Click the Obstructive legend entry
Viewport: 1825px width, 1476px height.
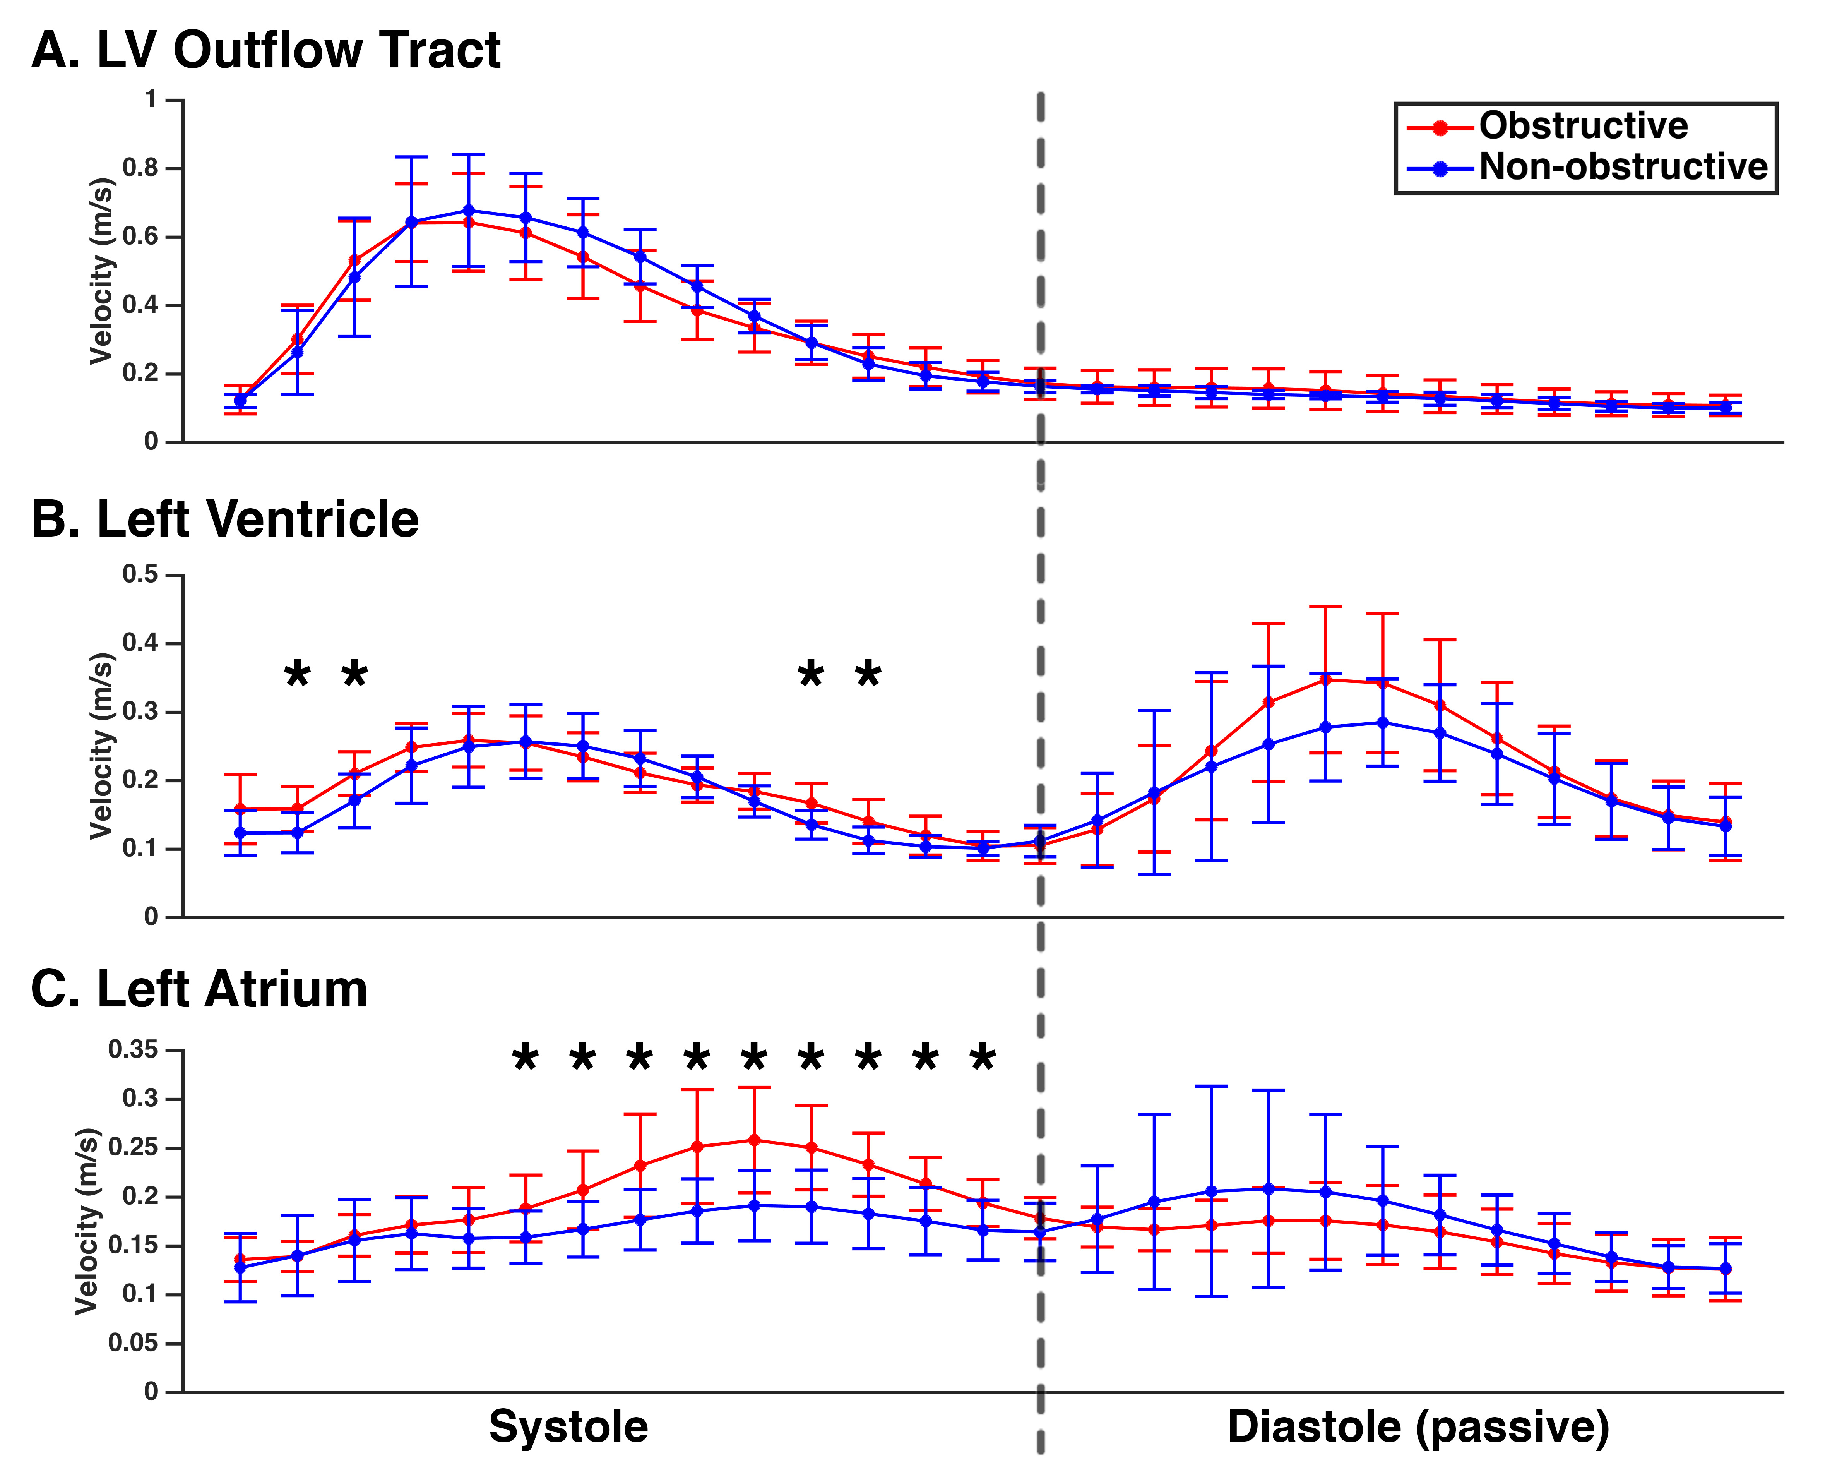click(1583, 126)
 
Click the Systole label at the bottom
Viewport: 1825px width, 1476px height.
click(568, 1426)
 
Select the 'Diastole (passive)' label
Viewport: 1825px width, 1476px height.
click(1418, 1426)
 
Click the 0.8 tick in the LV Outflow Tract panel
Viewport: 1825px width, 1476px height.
click(140, 168)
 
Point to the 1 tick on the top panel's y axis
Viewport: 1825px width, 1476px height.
click(151, 100)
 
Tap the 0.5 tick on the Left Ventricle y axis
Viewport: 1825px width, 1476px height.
click(140, 575)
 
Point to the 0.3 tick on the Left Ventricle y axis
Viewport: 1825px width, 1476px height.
click(140, 711)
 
